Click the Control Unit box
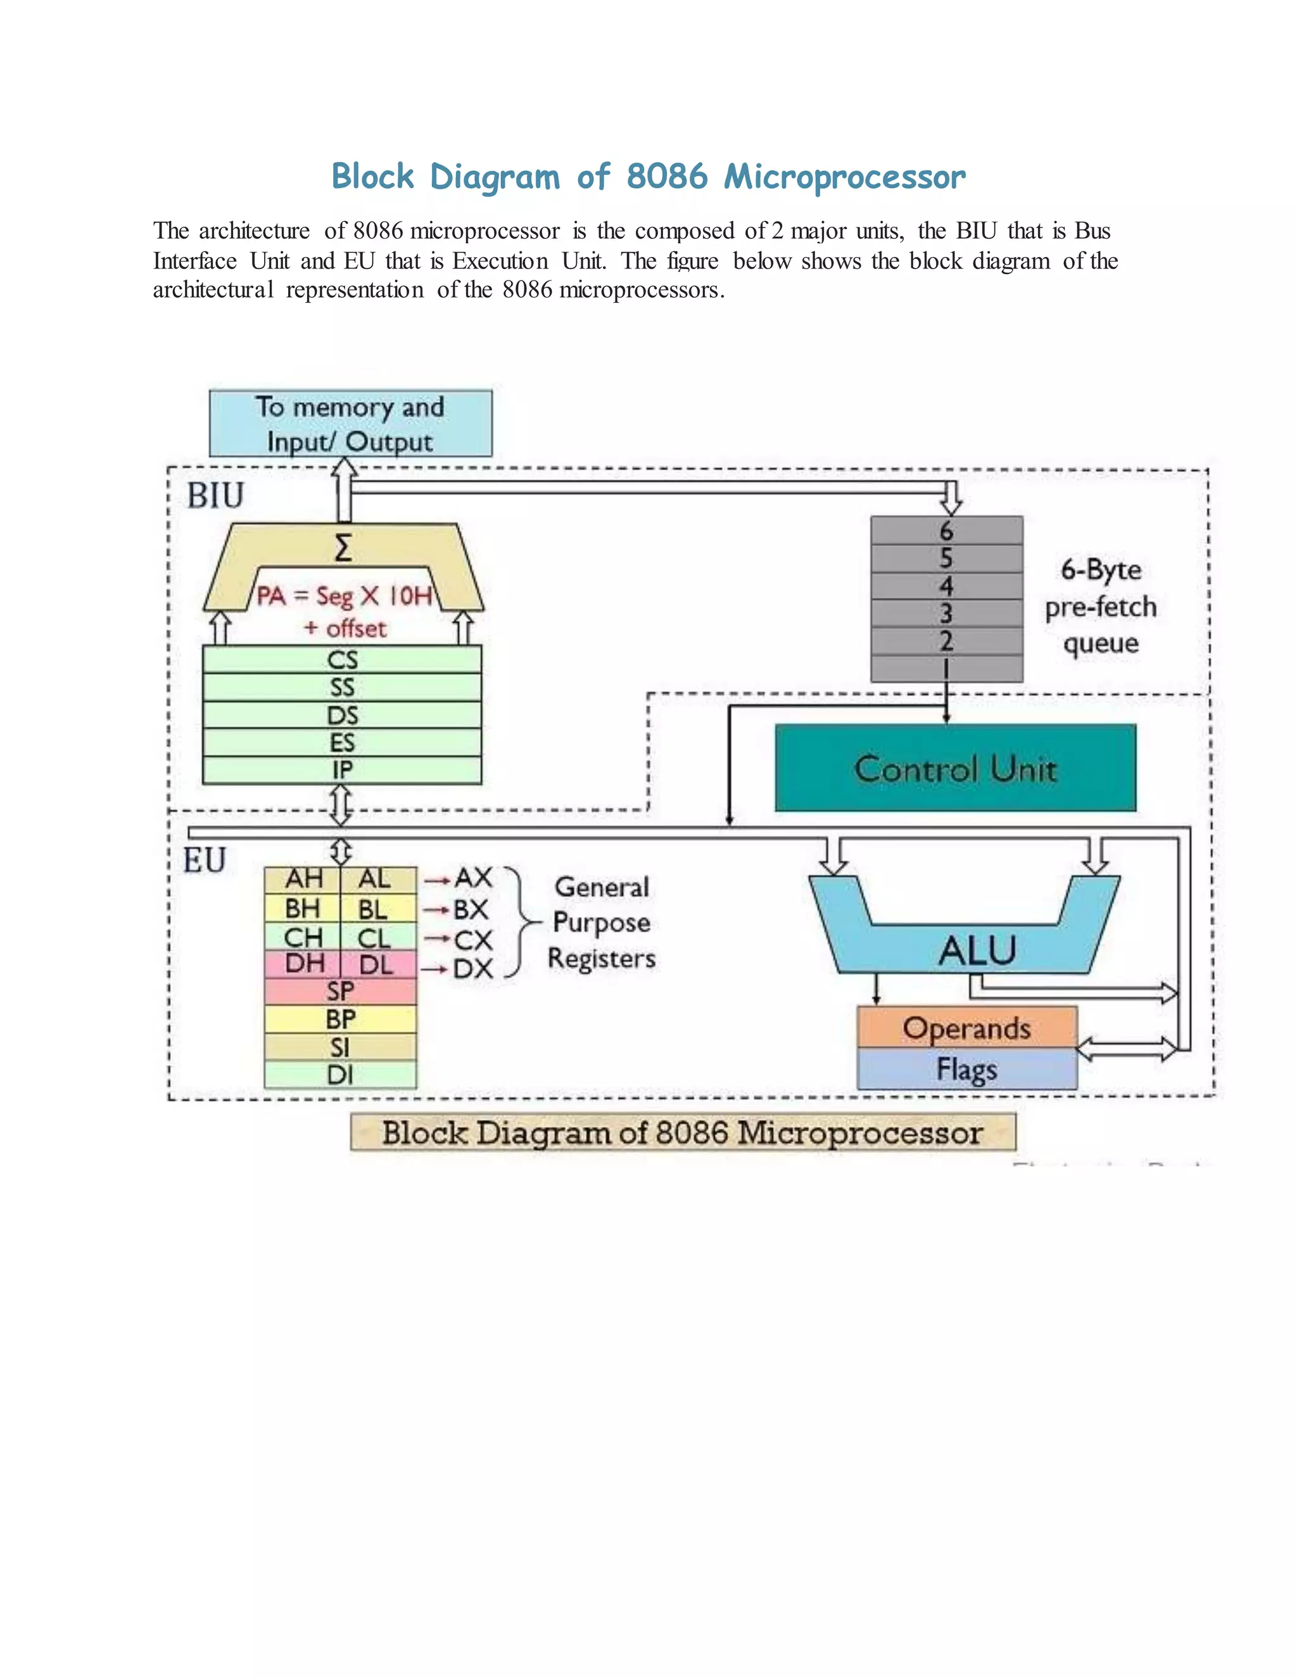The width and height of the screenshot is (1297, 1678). pos(955,767)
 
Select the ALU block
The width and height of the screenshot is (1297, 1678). pos(976,950)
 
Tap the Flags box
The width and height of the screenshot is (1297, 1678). pos(966,1069)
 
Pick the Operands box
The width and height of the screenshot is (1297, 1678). pos(966,1028)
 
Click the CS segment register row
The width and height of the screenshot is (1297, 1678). pos(342,660)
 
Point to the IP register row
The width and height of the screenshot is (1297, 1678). pos(342,770)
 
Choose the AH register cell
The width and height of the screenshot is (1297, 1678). pos(303,879)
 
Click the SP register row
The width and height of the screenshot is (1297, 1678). pos(340,991)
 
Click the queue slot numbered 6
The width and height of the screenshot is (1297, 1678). pos(946,530)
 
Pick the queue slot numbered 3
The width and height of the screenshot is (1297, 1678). pos(946,613)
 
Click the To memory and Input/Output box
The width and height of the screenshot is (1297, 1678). pos(350,424)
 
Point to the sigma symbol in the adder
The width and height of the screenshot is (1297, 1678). pos(343,548)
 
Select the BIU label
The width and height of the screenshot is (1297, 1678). pos(215,496)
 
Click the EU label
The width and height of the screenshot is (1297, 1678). pos(205,861)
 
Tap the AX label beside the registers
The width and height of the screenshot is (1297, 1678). pos(472,878)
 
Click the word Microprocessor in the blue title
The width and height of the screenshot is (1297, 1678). pos(844,177)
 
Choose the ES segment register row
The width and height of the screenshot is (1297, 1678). pos(342,742)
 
